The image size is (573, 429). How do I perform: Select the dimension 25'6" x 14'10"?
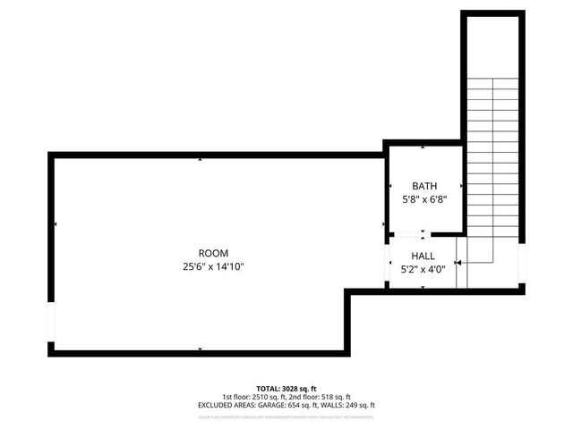[213, 265]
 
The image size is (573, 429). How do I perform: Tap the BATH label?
[424, 186]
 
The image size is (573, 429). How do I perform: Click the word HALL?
[423, 256]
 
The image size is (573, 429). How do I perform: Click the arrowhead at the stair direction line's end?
[458, 263]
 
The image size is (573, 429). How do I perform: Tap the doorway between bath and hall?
[411, 236]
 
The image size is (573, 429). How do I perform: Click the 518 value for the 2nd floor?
[329, 397]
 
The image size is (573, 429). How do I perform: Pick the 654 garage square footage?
[280, 405]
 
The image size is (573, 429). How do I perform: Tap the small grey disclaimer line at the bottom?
[286, 416]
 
